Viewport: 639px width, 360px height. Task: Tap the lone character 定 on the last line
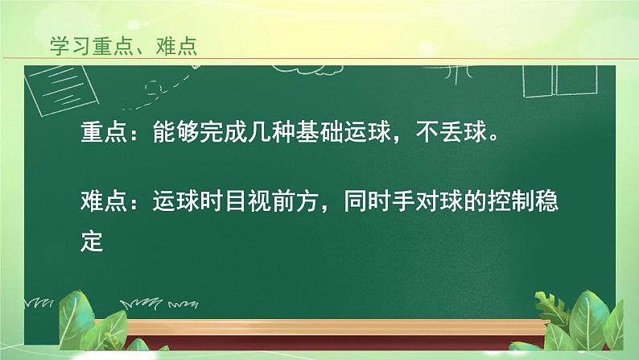(93, 239)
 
